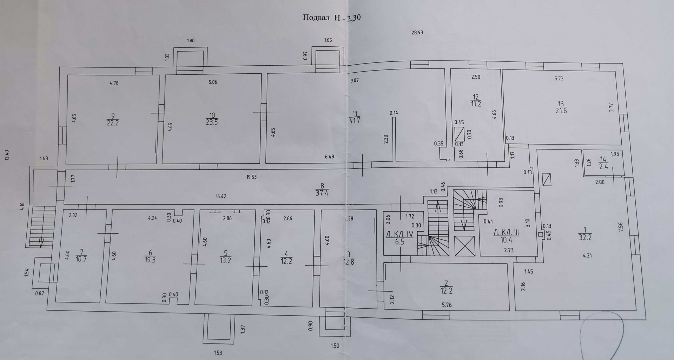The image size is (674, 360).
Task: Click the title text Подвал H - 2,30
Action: pos(332,18)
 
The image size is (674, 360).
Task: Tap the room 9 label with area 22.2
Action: pos(113,119)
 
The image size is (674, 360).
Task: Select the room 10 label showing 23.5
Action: pos(212,119)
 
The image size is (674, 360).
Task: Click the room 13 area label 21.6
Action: pos(561,107)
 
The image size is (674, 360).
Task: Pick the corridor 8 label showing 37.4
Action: pos(322,189)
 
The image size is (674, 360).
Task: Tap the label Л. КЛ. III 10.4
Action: pos(506,236)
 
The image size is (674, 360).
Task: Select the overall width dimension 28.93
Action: pos(417,32)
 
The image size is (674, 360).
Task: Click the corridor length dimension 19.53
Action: pos(251,177)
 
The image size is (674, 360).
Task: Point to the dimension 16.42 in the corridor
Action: pos(221,196)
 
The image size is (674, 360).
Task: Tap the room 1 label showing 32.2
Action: pos(585,233)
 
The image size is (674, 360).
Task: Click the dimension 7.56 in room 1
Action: pos(621,230)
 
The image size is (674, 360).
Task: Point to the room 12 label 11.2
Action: pos(476,100)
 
